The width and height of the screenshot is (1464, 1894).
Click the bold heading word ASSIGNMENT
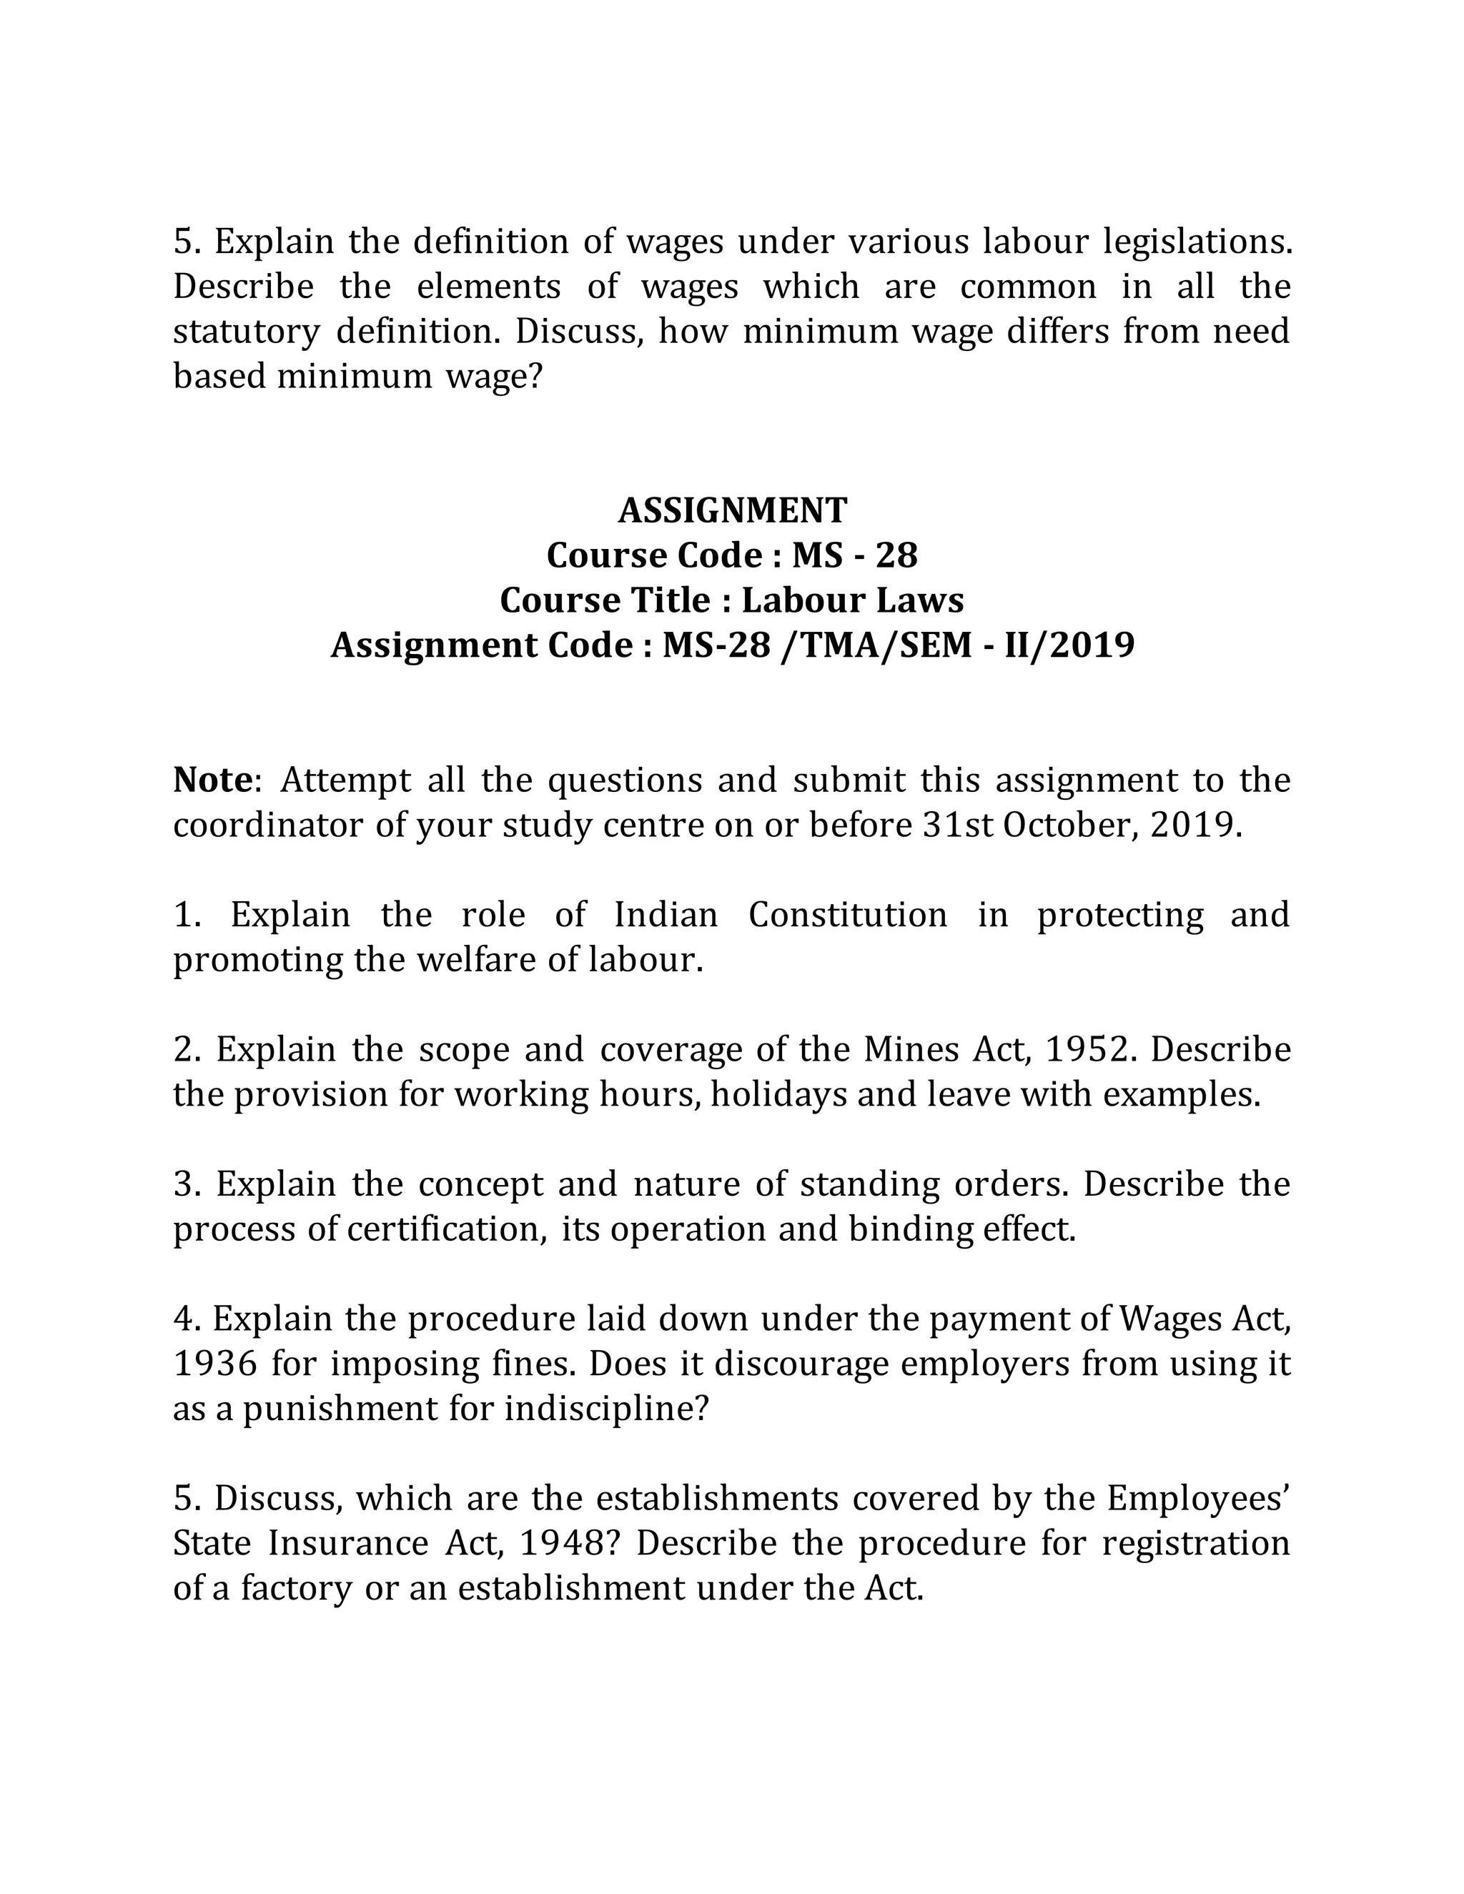732,511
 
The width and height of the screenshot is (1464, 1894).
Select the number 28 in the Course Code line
896,556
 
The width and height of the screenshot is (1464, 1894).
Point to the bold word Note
212,780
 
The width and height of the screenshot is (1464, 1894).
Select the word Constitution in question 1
847,915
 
